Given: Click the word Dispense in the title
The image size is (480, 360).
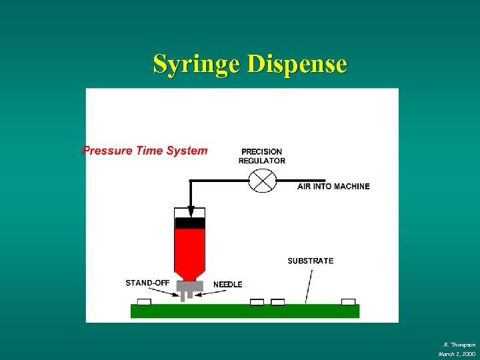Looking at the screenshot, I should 297,65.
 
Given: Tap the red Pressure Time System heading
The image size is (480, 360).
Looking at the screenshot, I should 145,151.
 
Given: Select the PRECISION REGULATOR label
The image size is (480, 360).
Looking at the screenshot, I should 262,156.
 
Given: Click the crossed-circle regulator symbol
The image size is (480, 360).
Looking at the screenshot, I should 262,181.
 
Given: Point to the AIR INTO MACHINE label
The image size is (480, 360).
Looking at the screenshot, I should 333,187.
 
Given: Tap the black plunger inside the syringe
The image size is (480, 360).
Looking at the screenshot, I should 190,223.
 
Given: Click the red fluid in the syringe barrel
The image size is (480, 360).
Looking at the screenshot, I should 190,250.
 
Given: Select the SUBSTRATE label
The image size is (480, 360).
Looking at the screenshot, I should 311,261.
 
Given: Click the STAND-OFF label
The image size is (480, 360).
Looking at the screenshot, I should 147,283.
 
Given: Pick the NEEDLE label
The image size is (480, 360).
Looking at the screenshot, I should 228,285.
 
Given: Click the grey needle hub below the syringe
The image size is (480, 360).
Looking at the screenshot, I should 190,287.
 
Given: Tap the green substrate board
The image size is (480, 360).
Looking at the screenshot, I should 245,311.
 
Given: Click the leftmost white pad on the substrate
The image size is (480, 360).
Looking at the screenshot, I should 144,302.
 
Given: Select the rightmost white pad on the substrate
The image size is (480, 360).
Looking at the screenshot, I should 348,302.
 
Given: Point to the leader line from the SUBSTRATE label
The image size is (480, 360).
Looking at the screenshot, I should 308,285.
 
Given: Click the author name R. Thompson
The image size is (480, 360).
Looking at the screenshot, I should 459,344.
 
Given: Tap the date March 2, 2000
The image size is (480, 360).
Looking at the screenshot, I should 457,353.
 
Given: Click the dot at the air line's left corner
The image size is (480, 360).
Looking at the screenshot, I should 190,181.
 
